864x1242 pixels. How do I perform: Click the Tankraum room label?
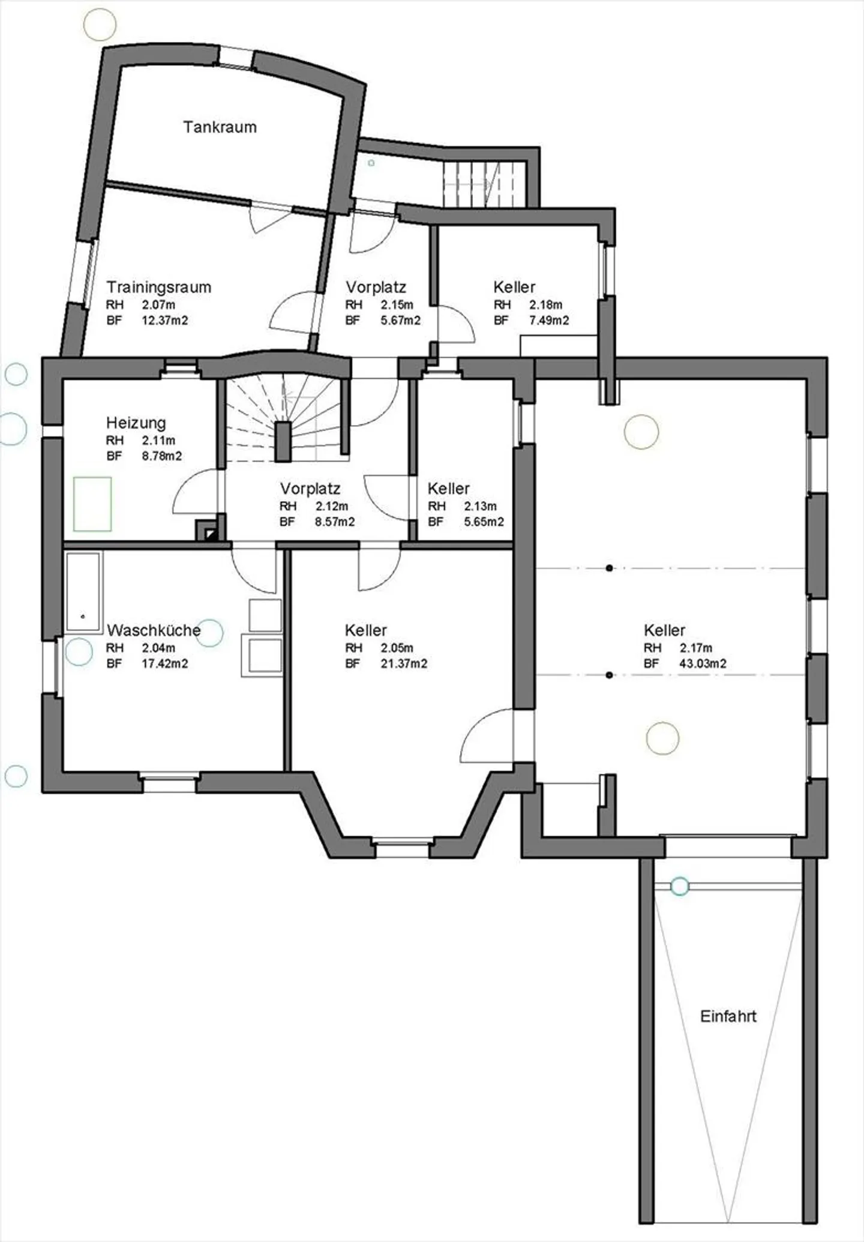click(220, 127)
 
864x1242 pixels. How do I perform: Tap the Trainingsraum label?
click(159, 287)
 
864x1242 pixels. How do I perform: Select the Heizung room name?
click(136, 423)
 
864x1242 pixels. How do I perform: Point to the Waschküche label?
click(154, 630)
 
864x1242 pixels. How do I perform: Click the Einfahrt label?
click(728, 1016)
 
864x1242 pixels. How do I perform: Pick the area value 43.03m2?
click(703, 663)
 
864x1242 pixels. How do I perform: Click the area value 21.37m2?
click(404, 663)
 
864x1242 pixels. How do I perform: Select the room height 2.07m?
click(158, 305)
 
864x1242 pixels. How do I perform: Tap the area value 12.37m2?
click(165, 321)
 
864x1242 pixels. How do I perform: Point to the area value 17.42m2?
click(165, 663)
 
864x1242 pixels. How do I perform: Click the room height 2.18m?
click(545, 305)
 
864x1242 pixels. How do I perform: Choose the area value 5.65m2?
click(484, 522)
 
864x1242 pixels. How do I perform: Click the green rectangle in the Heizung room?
click(92, 504)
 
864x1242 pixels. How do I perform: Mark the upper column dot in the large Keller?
click(609, 568)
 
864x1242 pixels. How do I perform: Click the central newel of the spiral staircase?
click(283, 442)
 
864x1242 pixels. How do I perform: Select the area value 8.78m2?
click(162, 456)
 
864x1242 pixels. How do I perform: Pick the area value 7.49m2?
click(549, 321)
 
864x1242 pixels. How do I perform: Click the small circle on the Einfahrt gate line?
click(679, 886)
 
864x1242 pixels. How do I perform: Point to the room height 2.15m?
click(397, 305)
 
